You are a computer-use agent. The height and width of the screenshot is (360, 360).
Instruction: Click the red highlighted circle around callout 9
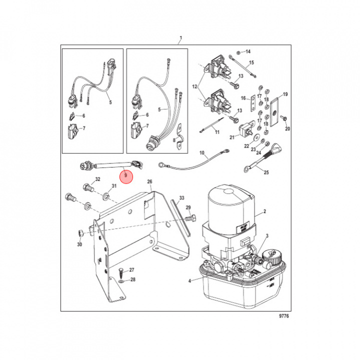[x=126, y=176]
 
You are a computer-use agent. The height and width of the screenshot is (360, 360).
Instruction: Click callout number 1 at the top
[x=181, y=38]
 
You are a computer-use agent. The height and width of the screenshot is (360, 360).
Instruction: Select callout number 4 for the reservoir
[x=189, y=281]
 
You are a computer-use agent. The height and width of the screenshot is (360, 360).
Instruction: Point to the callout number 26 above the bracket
[x=149, y=181]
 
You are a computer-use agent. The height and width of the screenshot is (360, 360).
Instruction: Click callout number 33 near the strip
[x=181, y=198]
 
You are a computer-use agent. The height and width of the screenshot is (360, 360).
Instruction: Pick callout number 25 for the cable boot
[x=266, y=172]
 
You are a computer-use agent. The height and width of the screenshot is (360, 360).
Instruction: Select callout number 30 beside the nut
[x=79, y=244]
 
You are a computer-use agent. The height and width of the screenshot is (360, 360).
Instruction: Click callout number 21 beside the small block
[x=232, y=137]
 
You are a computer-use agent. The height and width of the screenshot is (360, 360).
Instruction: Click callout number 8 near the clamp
[x=174, y=141]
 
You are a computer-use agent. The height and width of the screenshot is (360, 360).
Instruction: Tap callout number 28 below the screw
[x=132, y=279]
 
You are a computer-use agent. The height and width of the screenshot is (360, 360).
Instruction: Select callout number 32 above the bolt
[x=98, y=179]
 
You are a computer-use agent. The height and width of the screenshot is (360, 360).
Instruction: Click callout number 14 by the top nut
[x=248, y=52]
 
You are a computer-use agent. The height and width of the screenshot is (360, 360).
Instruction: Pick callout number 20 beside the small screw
[x=287, y=129]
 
